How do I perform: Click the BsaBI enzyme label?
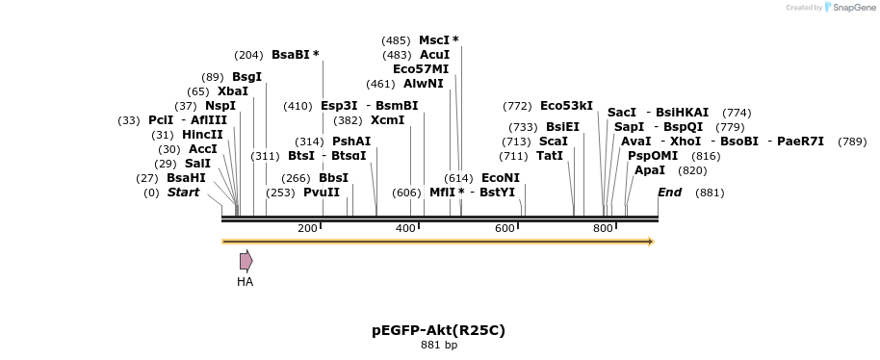[x=290, y=55]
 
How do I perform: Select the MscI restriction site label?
[x=434, y=40]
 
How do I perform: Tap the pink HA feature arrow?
[x=246, y=261]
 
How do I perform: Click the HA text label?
[x=246, y=282]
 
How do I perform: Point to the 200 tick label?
[x=307, y=228]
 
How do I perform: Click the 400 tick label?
[x=405, y=228]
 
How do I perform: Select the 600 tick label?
[x=505, y=228]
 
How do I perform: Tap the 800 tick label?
[x=603, y=228]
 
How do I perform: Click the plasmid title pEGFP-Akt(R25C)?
[x=438, y=330]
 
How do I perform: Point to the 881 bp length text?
[x=438, y=346]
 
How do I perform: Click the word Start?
[x=183, y=193]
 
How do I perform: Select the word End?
[x=669, y=193]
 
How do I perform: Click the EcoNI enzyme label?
[x=500, y=178]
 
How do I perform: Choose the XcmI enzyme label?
[x=387, y=120]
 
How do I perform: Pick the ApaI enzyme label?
[x=650, y=170]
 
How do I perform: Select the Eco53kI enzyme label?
[x=566, y=106]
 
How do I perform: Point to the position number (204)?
[x=248, y=55]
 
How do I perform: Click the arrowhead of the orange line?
[x=652, y=242]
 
